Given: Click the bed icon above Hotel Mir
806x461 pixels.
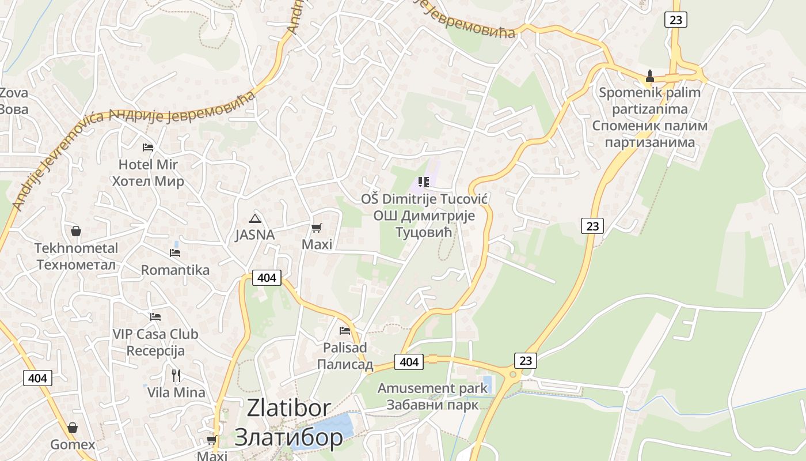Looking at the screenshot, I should click(148, 148).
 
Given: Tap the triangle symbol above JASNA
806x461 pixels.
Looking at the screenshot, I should click(254, 218).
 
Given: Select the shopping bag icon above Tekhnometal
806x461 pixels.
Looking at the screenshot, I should click(75, 232).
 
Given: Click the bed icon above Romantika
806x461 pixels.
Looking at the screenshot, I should click(175, 253).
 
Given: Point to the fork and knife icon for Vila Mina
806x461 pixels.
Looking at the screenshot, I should click(176, 376).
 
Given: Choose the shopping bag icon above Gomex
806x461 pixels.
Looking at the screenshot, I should click(73, 428).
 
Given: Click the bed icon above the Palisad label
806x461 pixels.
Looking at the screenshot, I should click(345, 331).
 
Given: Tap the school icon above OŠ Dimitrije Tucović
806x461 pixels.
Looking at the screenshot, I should click(424, 183).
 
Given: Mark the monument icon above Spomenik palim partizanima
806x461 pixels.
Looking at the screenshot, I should click(650, 75).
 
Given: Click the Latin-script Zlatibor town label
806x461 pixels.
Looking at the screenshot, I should click(288, 408).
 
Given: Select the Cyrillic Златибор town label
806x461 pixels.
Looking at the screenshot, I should click(288, 437).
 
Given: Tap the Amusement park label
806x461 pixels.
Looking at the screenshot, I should click(432, 388).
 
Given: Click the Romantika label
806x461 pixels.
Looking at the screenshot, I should click(175, 270).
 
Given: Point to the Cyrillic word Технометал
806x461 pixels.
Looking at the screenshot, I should click(76, 265).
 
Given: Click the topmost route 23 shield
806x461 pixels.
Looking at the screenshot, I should click(675, 20).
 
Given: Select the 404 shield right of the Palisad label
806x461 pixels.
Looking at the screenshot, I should click(409, 362).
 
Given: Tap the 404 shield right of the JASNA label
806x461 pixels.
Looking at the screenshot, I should click(267, 278).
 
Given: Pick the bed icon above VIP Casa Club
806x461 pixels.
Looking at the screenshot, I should click(155, 317).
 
